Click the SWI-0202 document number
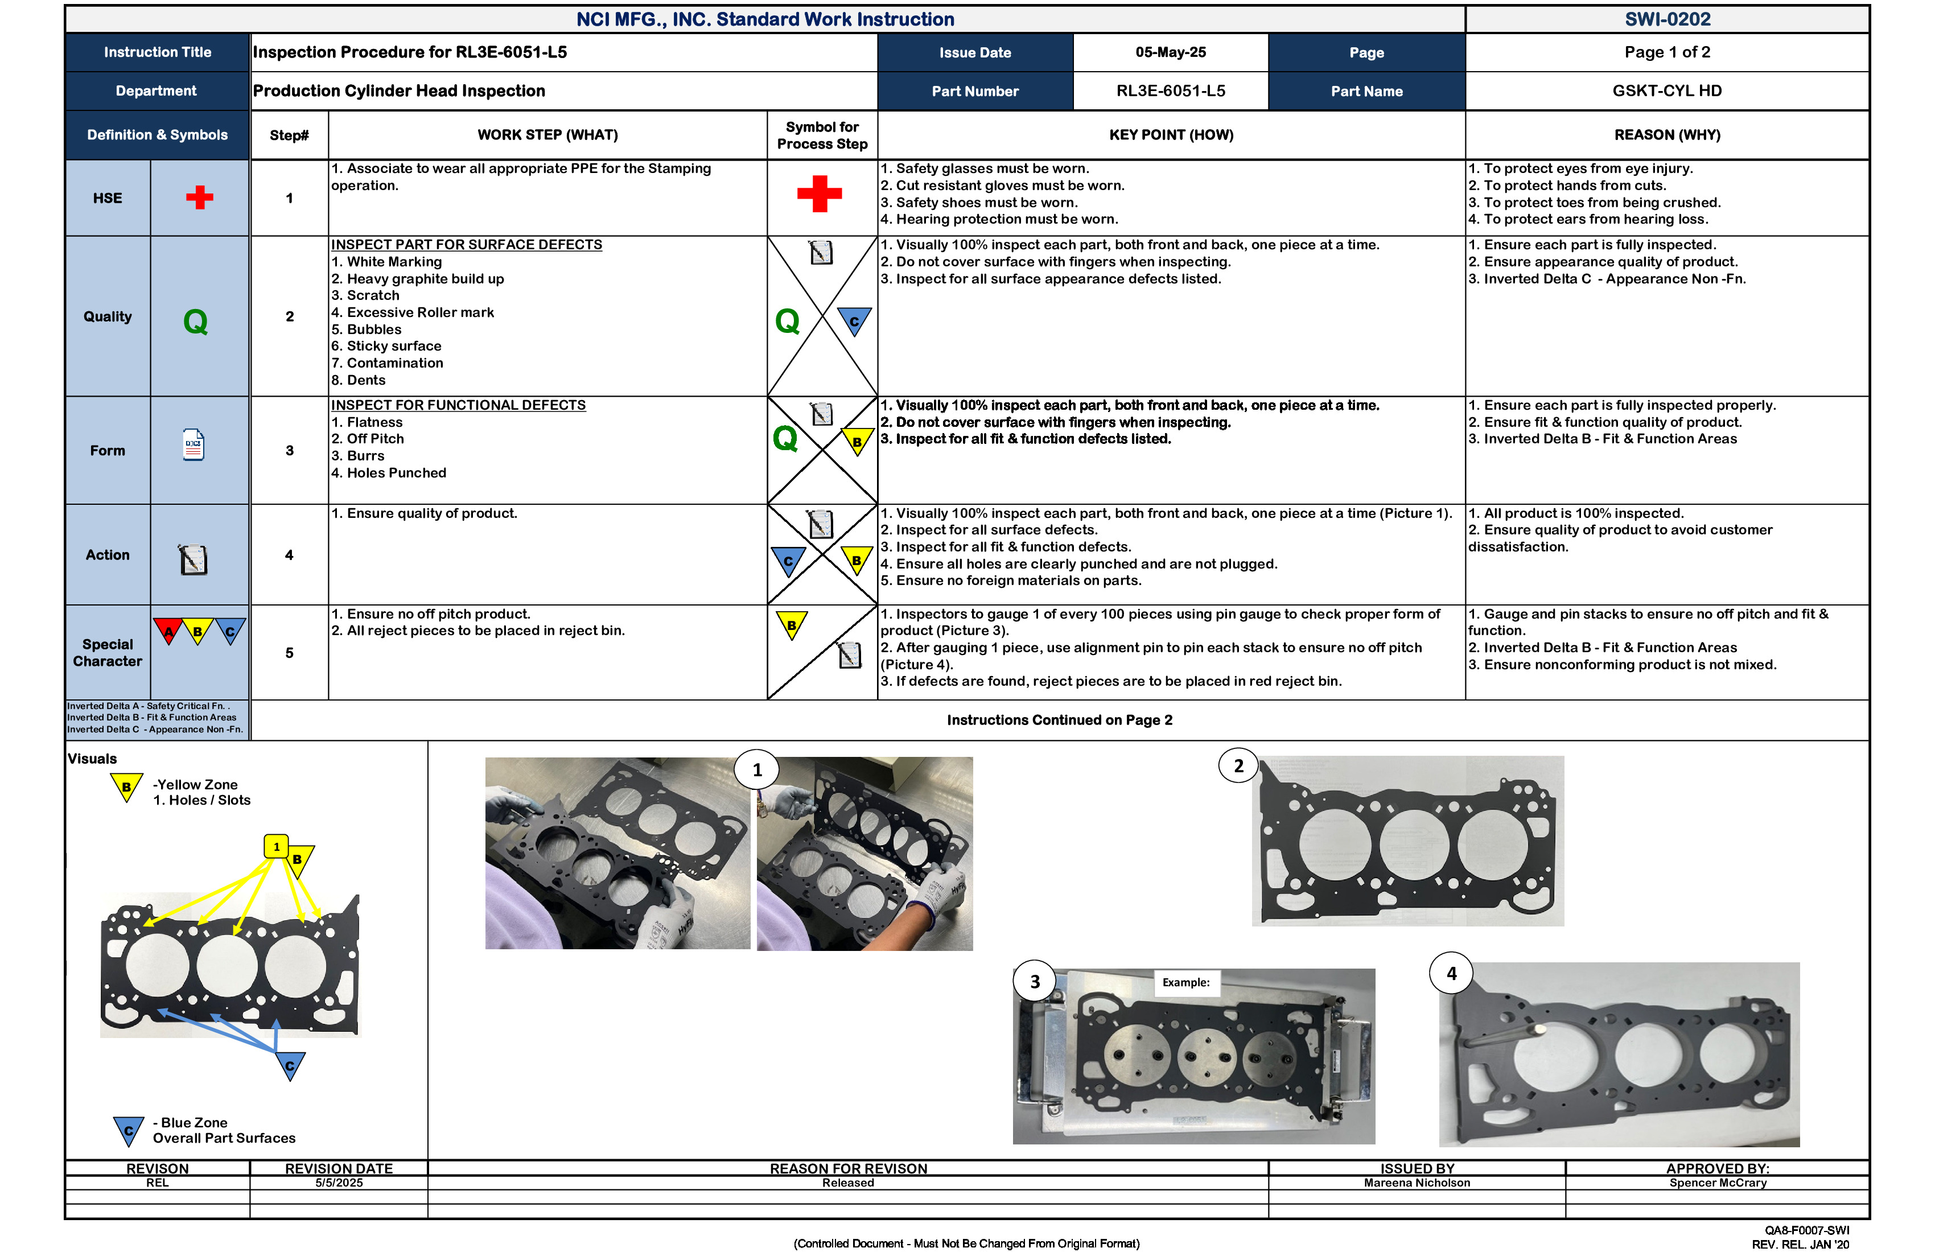click(x=1667, y=19)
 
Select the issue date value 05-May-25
click(x=1170, y=52)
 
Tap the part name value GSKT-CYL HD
click(x=1667, y=90)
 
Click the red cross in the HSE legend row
click(x=199, y=197)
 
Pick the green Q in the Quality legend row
click(x=195, y=322)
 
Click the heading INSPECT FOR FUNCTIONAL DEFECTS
click(x=458, y=405)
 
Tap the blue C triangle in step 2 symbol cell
click(x=854, y=320)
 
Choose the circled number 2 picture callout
click(x=1238, y=766)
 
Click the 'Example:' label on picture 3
click(x=1185, y=982)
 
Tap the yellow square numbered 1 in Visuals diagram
click(x=277, y=846)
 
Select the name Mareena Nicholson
click(x=1417, y=1183)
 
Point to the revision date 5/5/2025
click(x=339, y=1183)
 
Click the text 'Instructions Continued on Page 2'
click(x=1059, y=720)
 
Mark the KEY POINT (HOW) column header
click(x=1171, y=135)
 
